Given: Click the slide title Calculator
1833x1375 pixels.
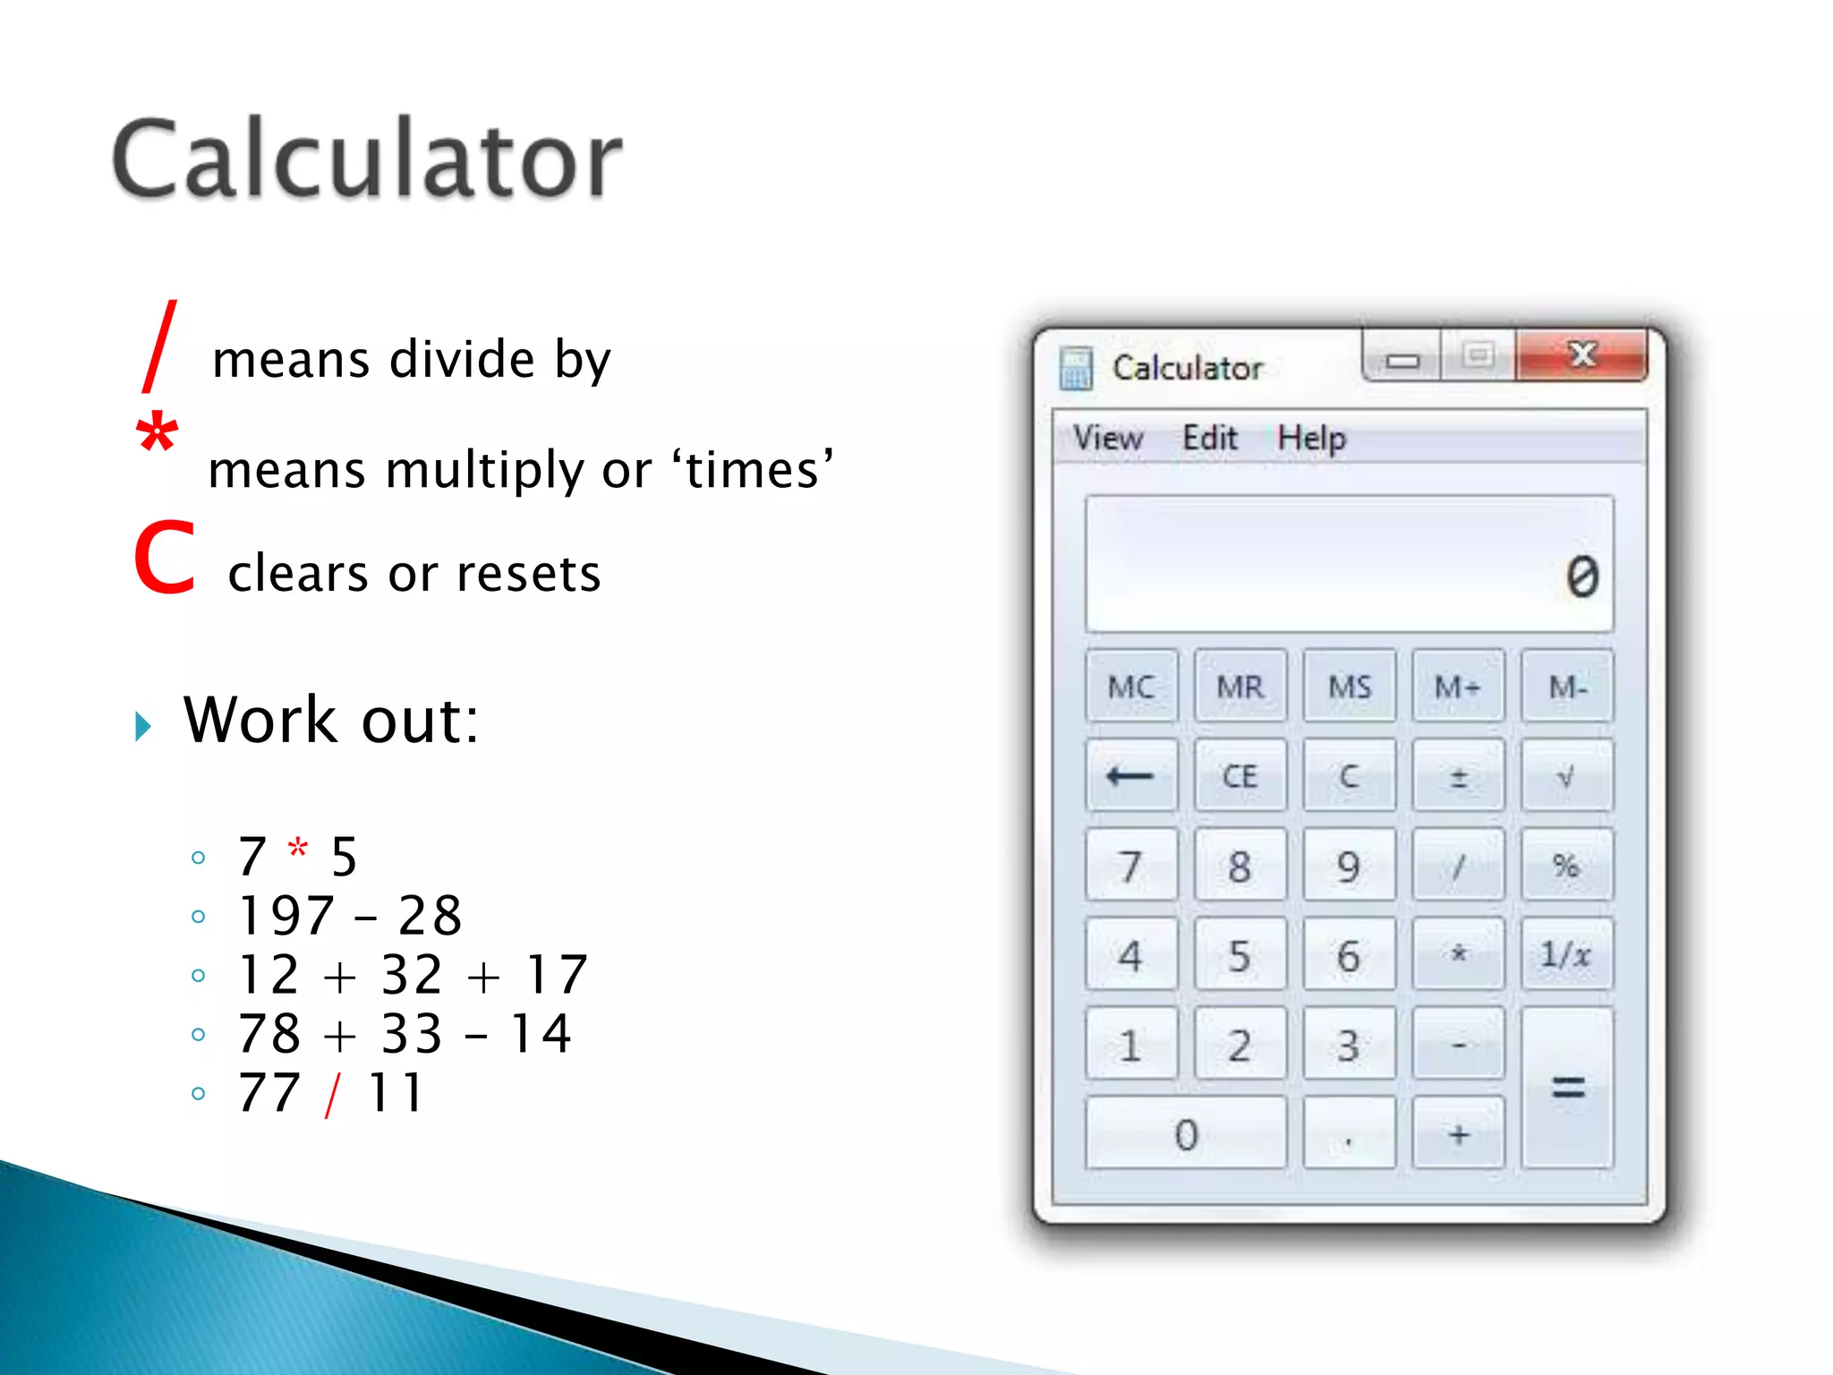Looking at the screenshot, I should click(367, 159).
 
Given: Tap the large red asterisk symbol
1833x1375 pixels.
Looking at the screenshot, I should click(157, 434).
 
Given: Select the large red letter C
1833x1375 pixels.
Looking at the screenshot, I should click(165, 559).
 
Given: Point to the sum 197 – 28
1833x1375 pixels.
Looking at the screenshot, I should click(350, 916).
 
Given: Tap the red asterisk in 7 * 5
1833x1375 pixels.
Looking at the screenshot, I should click(298, 848).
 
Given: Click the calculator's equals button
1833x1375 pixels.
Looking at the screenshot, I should click(1566, 1088).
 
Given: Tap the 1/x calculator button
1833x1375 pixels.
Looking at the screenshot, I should click(1566, 954).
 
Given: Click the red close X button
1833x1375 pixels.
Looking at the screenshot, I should click(1581, 356).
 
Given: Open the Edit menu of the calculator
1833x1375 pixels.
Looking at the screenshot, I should click(1209, 439).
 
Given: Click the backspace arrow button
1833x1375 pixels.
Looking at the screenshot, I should click(1130, 775).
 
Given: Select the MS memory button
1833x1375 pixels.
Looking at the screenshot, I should click(1349, 687).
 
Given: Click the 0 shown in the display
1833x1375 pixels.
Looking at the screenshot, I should click(1581, 576).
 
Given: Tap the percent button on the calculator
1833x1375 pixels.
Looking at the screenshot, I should click(1566, 865).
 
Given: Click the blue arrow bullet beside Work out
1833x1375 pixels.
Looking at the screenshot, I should click(143, 725).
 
